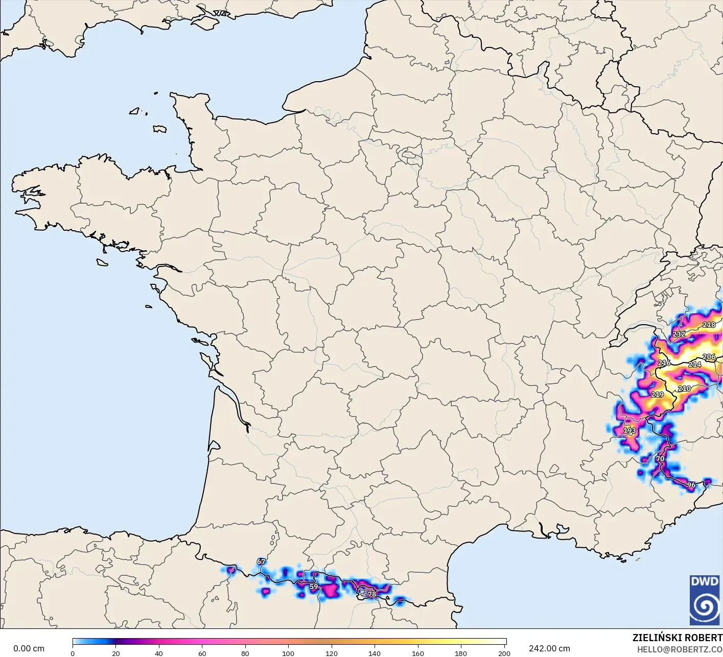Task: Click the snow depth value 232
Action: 679,334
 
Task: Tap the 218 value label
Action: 709,325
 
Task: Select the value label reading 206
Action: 709,357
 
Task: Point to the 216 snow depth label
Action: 664,363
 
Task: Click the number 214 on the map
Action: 694,364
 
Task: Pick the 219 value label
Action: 657,395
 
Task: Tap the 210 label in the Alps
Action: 684,388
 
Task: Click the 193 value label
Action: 629,430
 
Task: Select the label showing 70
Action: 660,458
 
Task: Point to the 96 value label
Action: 691,485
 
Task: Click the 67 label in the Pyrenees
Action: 261,562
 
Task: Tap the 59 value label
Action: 314,587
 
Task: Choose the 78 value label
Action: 372,594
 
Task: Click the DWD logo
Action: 705,600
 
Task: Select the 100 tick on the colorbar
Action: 288,653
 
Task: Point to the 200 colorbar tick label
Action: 504,653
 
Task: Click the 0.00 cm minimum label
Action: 29,648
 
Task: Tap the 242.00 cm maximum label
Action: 549,648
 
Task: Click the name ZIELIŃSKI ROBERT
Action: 677,638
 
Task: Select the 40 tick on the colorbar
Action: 159,653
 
